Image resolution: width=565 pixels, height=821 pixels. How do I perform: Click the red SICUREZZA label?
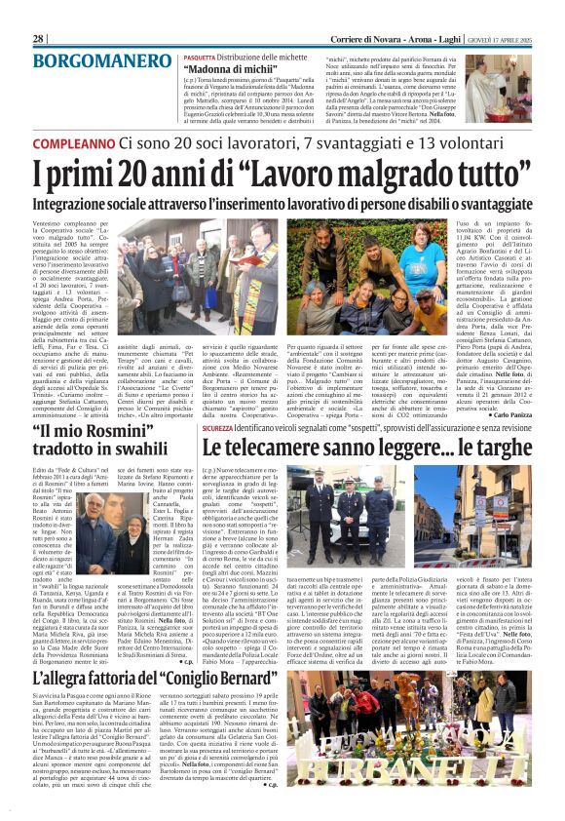pyautogui.click(x=218, y=427)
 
